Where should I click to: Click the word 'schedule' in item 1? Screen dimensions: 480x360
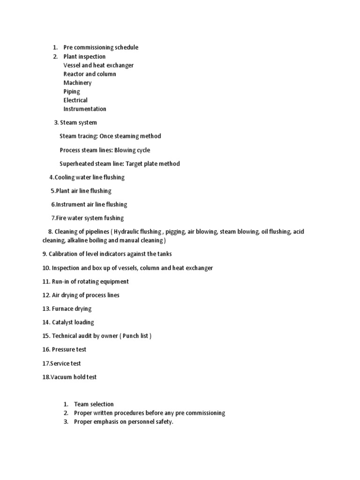(125, 47)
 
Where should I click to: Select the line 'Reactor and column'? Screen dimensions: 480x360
(90, 74)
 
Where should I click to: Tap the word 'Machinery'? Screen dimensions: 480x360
(77, 83)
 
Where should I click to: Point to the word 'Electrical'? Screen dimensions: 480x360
(75, 100)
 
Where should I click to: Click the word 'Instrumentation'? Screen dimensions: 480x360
(85, 109)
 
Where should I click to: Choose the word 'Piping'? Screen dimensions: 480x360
(72, 92)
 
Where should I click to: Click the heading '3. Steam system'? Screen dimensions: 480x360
(75, 123)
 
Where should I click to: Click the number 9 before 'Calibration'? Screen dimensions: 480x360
(44, 254)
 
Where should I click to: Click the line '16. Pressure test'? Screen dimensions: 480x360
(64, 350)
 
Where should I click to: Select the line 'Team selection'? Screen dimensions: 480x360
(94, 404)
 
